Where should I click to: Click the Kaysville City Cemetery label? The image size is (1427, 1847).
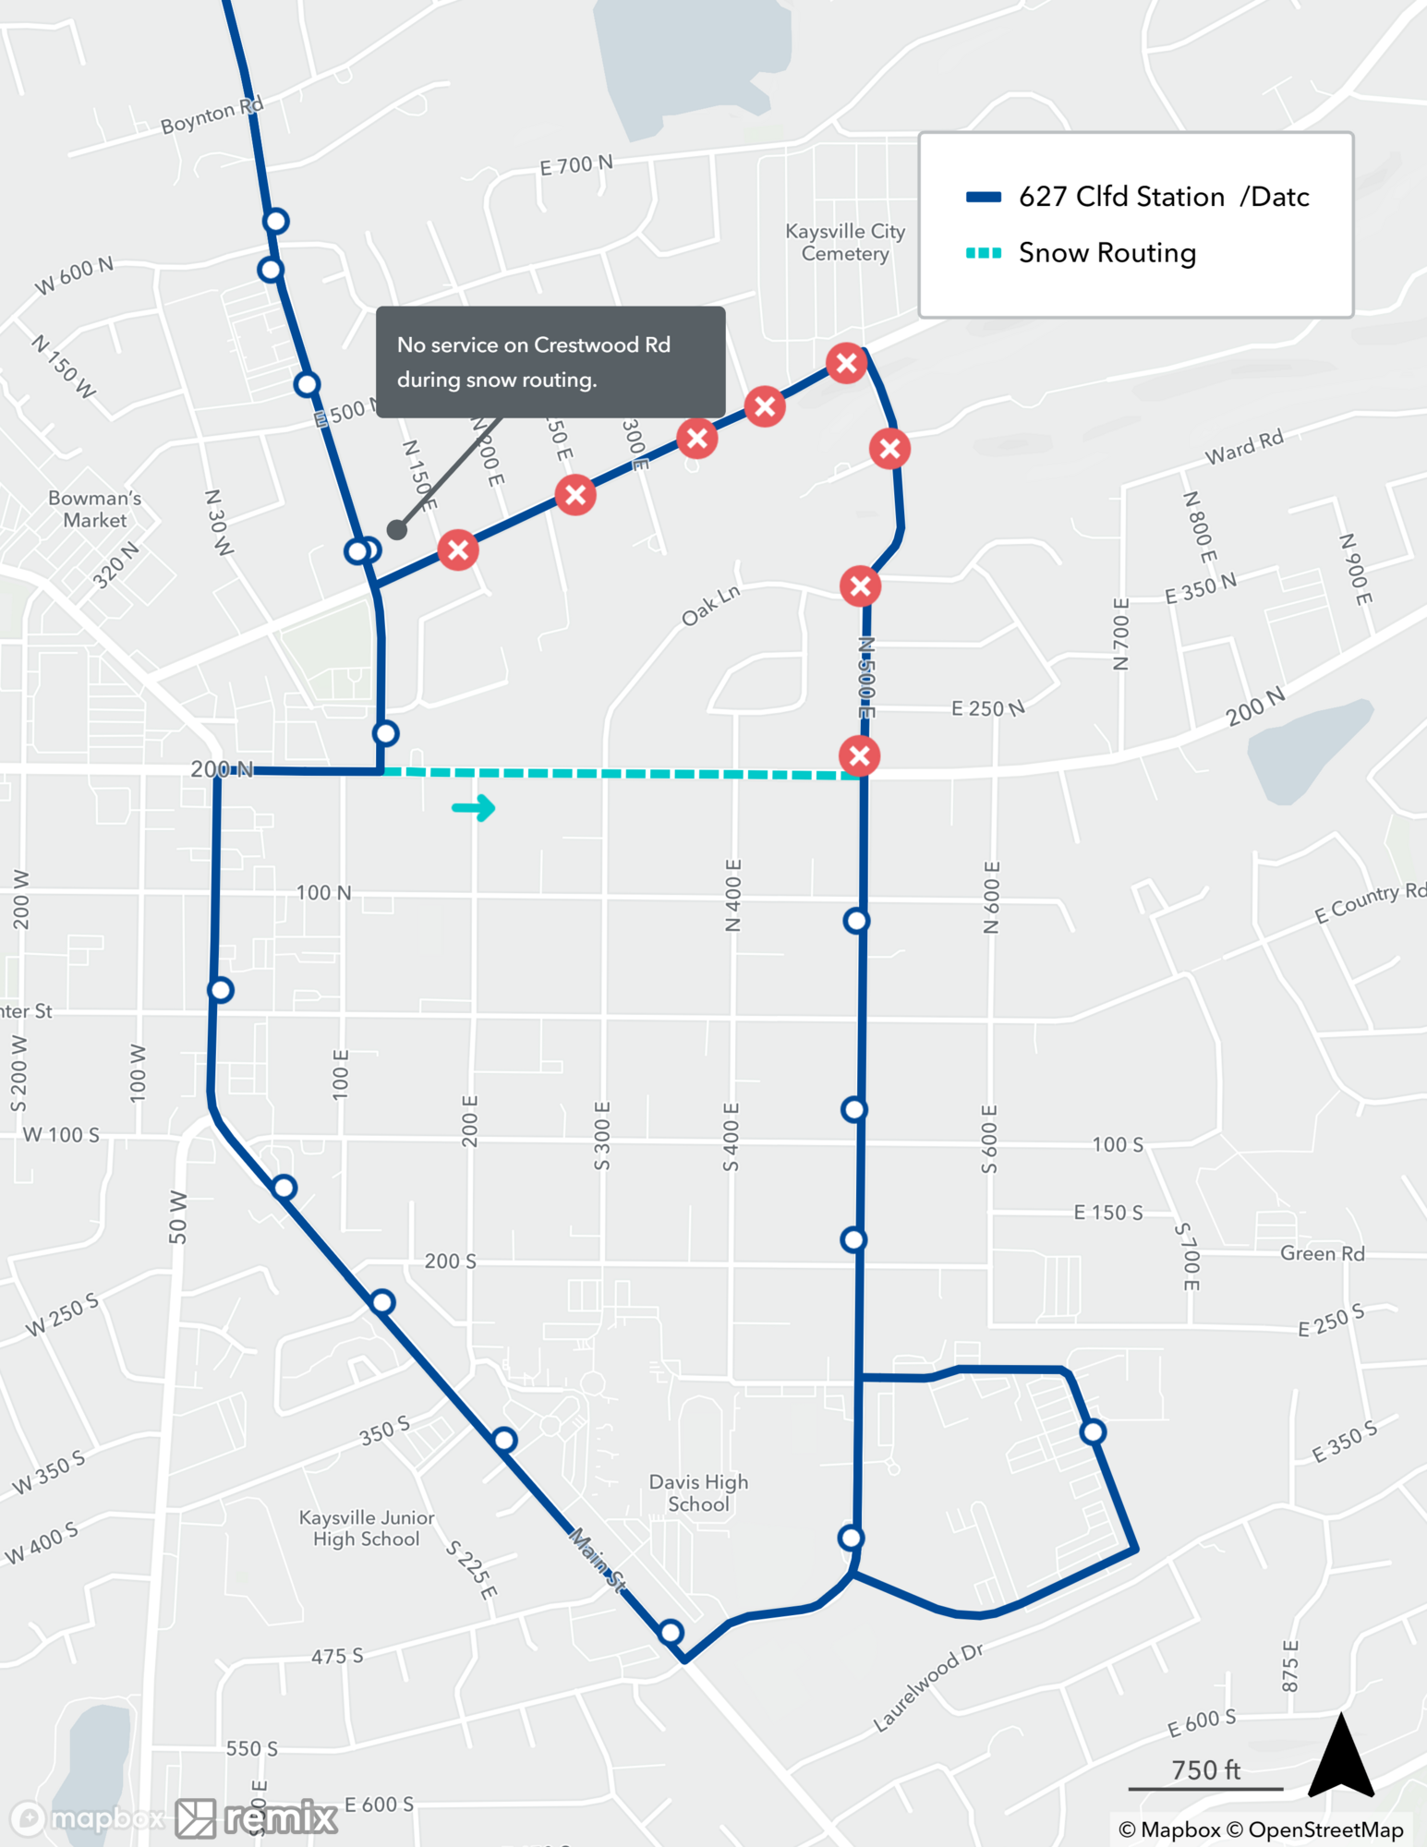point(844,243)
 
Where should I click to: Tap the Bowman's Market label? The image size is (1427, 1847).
point(94,509)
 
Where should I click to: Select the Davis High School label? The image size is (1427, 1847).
point(698,1492)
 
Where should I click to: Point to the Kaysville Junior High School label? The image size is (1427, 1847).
point(367,1528)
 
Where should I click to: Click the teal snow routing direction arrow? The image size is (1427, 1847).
point(474,808)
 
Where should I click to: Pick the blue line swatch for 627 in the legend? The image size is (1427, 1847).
point(984,197)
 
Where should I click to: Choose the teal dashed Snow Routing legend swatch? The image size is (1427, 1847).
point(984,253)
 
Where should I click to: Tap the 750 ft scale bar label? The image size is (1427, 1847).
point(1205,1770)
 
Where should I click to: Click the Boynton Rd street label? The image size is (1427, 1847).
point(212,115)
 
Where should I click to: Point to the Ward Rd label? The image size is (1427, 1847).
point(1244,447)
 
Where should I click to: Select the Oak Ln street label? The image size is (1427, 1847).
point(710,606)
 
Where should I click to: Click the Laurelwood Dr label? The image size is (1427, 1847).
point(927,1687)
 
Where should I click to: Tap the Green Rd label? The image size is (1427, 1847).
point(1322,1253)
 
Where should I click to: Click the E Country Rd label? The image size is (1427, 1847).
point(1370,902)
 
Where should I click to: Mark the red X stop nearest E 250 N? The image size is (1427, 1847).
point(859,755)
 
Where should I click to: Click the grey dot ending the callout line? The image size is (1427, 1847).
point(397,529)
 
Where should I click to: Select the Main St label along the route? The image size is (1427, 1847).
point(597,1560)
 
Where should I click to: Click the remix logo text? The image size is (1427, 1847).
point(281,1818)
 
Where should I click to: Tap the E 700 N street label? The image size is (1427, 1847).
point(575,165)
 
